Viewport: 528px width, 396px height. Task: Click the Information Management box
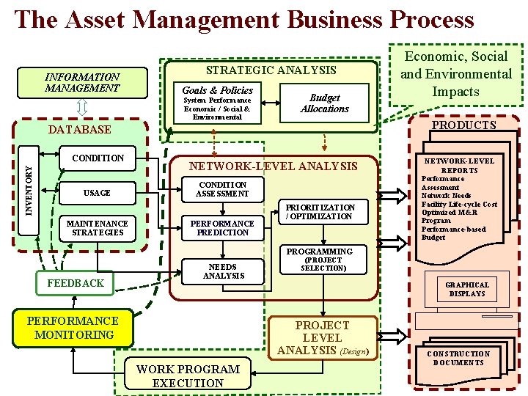pyautogui.click(x=82, y=82)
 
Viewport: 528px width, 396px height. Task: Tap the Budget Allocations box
pyautogui.click(x=324, y=103)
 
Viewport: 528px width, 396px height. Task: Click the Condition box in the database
pyautogui.click(x=98, y=158)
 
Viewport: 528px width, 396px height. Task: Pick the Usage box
pyautogui.click(x=97, y=193)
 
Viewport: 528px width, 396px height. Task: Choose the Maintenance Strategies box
pyautogui.click(x=97, y=228)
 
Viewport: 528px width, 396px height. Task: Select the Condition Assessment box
pyautogui.click(x=221, y=189)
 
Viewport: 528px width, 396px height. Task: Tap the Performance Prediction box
pyautogui.click(x=221, y=228)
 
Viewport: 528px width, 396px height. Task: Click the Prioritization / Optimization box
pyautogui.click(x=320, y=212)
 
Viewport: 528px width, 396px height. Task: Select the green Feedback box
pyautogui.click(x=76, y=282)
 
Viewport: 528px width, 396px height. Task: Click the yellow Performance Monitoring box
pyautogui.click(x=73, y=328)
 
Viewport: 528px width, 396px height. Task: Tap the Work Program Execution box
pyautogui.click(x=188, y=375)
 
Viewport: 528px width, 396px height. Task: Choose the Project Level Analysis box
pyautogui.click(x=323, y=338)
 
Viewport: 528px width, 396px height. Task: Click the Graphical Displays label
pyautogui.click(x=467, y=289)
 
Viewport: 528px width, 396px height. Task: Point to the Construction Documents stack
pyautogui.click(x=458, y=358)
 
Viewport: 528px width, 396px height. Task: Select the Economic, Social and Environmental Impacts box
pyautogui.click(x=455, y=74)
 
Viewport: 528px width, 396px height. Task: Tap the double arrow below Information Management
pyautogui.click(x=82, y=108)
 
